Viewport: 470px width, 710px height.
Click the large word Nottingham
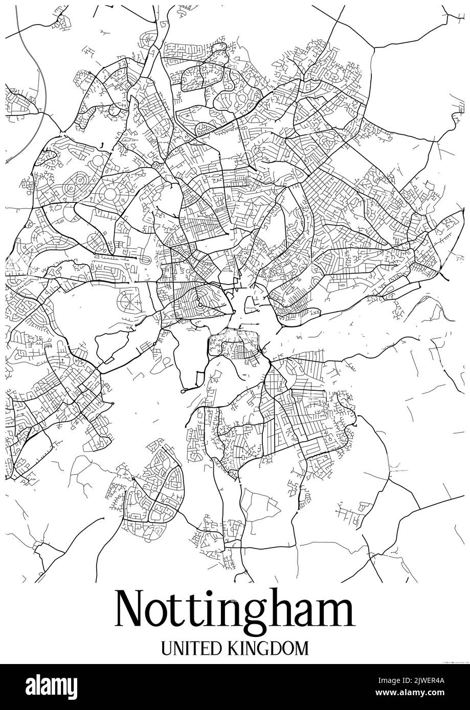tap(235, 611)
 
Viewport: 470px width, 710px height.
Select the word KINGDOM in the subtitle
tap(266, 649)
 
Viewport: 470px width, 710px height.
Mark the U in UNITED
tap(167, 649)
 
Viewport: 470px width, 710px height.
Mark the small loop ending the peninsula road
tap(183, 390)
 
